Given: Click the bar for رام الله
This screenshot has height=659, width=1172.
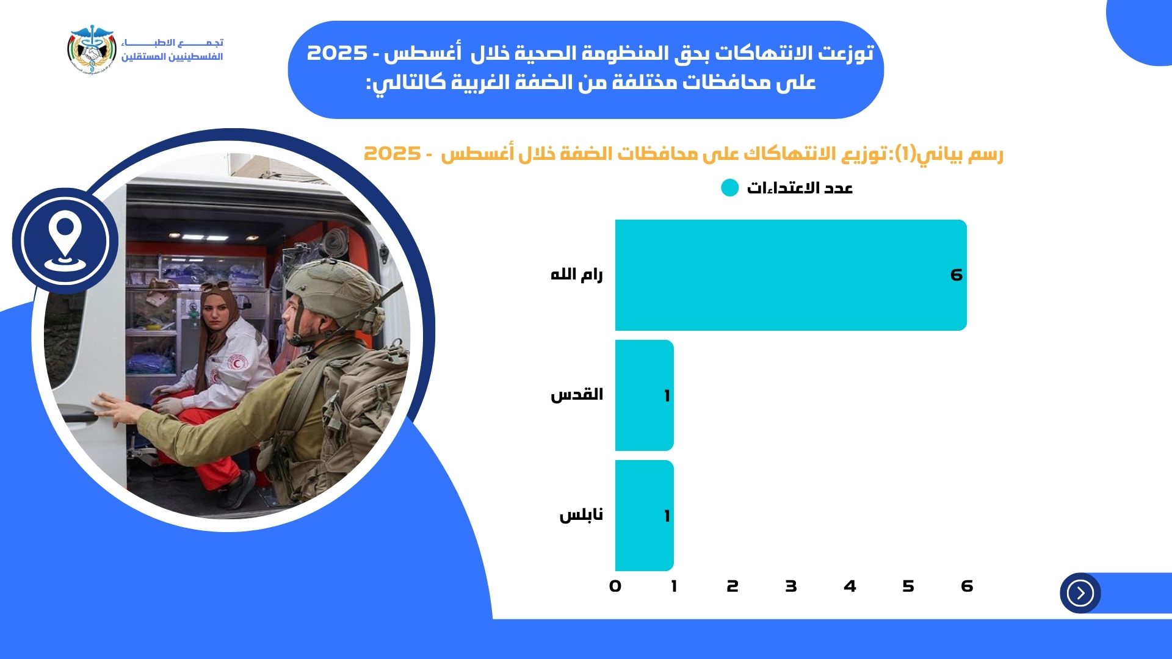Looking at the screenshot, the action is [x=791, y=275].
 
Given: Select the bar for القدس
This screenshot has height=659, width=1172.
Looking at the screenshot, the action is [x=645, y=395].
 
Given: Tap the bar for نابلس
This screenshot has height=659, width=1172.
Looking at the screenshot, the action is [x=645, y=516].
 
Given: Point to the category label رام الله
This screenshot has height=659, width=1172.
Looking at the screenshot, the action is [x=577, y=275].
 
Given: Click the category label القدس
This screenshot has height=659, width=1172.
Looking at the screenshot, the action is [x=577, y=395].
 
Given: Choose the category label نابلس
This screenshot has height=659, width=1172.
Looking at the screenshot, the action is [x=581, y=515].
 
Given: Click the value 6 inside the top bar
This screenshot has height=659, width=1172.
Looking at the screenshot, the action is [x=957, y=275].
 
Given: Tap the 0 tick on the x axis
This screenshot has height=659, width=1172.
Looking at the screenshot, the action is [x=615, y=586].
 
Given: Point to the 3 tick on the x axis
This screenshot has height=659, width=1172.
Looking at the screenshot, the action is [x=791, y=586].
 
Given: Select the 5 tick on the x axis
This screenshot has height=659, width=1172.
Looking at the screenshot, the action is [x=908, y=586].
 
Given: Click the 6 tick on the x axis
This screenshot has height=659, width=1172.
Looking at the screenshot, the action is [x=967, y=586].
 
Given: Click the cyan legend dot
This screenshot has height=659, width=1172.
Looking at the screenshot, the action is [x=730, y=188].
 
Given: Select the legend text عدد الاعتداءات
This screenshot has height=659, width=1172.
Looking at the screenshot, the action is [x=800, y=188].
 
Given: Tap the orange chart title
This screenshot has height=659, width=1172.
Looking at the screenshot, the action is [x=684, y=154].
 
